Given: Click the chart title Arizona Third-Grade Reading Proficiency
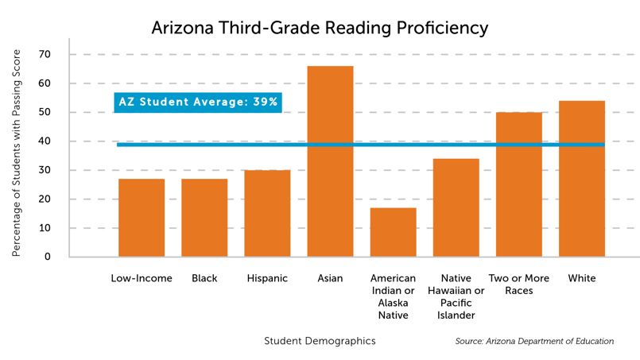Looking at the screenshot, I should point(320,28).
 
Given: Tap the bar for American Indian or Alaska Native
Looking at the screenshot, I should point(393,232).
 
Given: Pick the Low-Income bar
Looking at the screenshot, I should point(142,218).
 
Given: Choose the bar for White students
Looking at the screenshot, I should point(582,179).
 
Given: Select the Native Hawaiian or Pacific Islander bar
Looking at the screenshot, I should point(456,207).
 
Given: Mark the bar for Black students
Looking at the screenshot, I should point(204,218).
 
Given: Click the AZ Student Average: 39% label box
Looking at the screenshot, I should point(198,102).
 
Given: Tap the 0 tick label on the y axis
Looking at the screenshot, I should point(48,257).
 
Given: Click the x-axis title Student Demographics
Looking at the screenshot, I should point(320,341).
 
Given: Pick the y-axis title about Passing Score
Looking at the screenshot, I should point(16,153).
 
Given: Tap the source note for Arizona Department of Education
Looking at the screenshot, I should point(534,342).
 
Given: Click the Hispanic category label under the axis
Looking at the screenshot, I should point(267,279).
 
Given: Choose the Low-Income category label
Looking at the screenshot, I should point(142,279).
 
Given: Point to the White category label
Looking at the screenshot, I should point(582,279).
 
